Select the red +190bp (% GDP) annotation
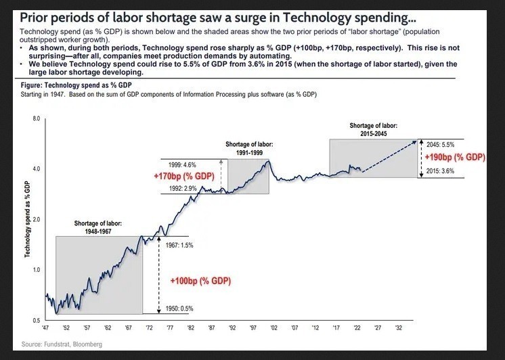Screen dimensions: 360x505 (x=456, y=158)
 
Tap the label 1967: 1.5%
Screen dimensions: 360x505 (x=179, y=245)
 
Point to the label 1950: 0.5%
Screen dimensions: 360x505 (x=179, y=309)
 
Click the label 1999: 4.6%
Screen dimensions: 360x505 (x=182, y=164)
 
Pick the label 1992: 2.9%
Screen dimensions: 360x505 (x=182, y=187)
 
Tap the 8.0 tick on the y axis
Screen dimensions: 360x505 (x=37, y=119)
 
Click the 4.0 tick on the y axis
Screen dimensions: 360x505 (x=37, y=168)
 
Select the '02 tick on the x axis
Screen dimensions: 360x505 (x=273, y=327)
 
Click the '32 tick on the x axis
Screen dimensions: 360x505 (x=398, y=327)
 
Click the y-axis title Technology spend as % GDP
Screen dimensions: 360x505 (x=27, y=219)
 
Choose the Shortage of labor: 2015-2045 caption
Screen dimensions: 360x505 (x=373, y=130)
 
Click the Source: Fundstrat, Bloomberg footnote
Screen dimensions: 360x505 (x=62, y=344)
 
